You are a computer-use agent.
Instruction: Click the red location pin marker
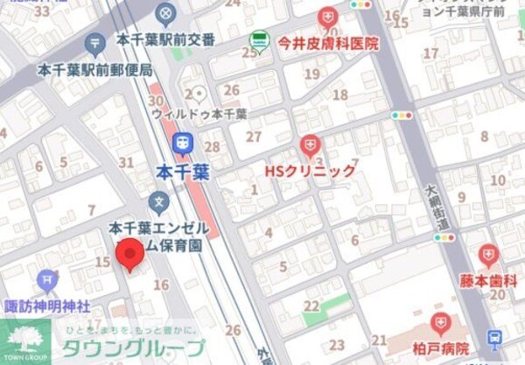pos(130,254)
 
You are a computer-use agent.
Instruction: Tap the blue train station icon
pos(183,143)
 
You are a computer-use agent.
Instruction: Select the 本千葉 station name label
pos(182,171)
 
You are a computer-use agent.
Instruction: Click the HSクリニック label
pos(311,171)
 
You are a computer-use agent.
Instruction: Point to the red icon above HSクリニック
pos(310,145)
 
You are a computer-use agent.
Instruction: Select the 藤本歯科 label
pos(488,281)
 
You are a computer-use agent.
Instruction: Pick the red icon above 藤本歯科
pos(488,256)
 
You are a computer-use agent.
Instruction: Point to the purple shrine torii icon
pos(47,281)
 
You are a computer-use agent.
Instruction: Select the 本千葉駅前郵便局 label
pos(95,69)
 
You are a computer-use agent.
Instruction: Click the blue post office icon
pos(95,44)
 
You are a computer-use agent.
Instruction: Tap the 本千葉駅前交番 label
pos(164,40)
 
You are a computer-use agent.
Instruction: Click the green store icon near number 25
pos(259,39)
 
